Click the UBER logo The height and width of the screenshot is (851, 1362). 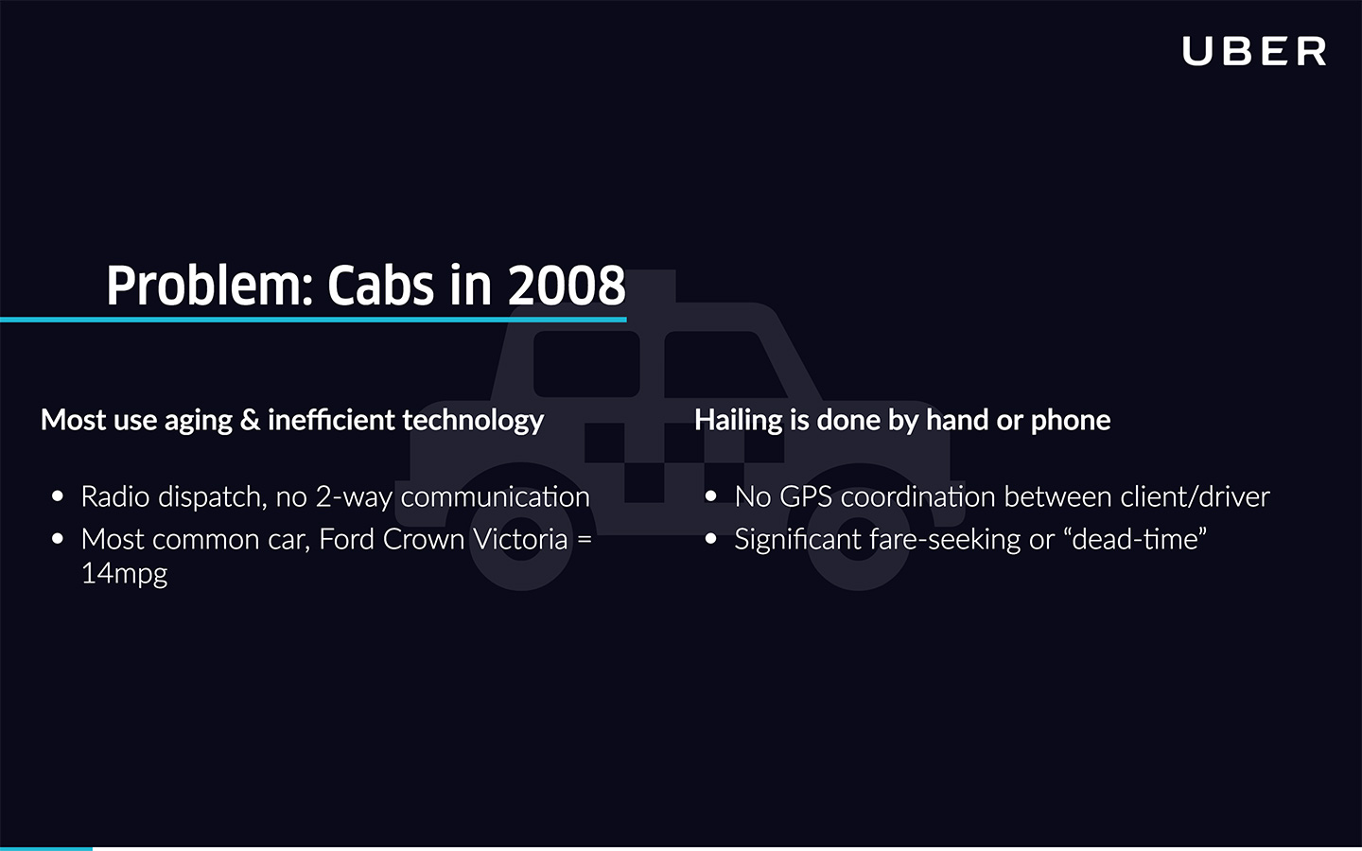[x=1253, y=52]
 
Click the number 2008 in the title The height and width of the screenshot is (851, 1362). [x=567, y=286]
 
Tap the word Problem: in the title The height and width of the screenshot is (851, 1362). [x=209, y=286]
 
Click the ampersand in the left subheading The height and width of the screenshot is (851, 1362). [x=250, y=420]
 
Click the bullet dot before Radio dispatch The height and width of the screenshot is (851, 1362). [x=58, y=496]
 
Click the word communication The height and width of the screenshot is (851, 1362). [x=495, y=496]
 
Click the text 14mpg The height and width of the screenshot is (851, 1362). [x=124, y=573]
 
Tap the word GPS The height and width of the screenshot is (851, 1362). [x=806, y=496]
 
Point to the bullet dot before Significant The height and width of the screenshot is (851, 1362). [x=711, y=539]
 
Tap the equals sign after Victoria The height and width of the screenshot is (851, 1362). [x=585, y=539]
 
